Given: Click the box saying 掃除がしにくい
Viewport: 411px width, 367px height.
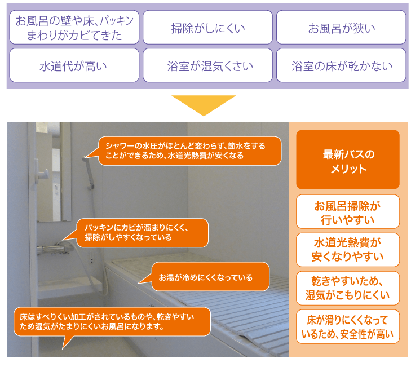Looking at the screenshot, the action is [x=207, y=27].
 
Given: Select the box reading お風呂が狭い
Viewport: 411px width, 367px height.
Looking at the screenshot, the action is [x=341, y=27].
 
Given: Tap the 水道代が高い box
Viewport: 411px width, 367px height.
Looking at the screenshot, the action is [x=74, y=65].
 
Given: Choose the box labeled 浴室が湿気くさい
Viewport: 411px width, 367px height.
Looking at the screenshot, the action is [x=207, y=65].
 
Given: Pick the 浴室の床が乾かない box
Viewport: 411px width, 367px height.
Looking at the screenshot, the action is [x=341, y=65].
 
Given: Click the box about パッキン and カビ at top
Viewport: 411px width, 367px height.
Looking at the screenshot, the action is [x=74, y=27].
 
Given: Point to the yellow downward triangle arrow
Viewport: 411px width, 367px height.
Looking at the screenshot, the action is [x=204, y=105].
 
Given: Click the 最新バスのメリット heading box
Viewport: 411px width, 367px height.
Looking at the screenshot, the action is [x=348, y=160].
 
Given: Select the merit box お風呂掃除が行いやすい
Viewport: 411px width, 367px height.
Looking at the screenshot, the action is [x=348, y=211].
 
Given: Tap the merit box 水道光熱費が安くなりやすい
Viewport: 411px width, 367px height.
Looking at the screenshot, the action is [x=348, y=250].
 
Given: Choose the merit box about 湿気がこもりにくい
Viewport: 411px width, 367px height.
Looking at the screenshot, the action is [x=348, y=288].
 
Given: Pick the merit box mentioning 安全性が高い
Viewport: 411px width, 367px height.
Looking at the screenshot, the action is [x=348, y=326].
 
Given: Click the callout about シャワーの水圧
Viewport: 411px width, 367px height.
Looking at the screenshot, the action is [x=190, y=151].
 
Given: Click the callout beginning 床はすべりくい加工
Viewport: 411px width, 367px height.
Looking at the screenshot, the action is [x=112, y=322].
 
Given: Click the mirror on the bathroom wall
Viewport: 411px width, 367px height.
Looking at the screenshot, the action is [x=52, y=172].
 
